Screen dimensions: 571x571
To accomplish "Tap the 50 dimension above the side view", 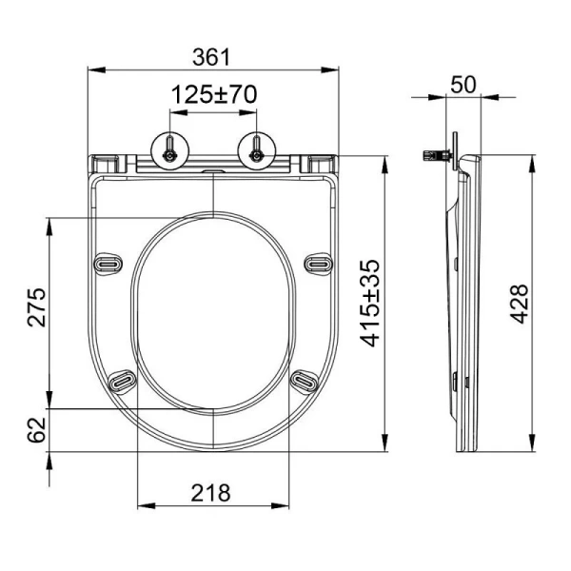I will tap(463, 84).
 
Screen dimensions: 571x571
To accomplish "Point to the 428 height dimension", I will tap(519, 305).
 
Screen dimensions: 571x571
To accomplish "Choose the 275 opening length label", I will tap(36, 305).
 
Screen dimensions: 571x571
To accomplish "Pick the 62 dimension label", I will tap(36, 430).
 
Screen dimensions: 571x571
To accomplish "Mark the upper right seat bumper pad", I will tap(318, 262).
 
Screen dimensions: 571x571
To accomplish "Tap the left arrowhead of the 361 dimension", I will tap(93, 69).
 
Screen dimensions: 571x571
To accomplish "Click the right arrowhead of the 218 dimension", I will tap(285, 506).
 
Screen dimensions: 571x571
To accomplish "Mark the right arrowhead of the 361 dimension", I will tap(336, 69).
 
